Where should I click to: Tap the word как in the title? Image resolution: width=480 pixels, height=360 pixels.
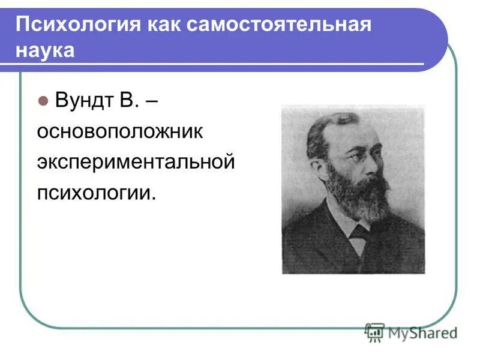click(161, 25)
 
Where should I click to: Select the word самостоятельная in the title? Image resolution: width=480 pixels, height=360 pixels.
click(278, 25)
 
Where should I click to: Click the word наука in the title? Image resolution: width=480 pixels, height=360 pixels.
click(46, 50)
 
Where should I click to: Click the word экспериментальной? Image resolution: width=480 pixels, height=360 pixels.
click(134, 162)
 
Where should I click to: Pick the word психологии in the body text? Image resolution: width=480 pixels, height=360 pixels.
click(95, 193)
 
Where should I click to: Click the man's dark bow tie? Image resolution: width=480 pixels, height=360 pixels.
click(361, 233)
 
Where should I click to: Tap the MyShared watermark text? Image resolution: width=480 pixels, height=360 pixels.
click(422, 332)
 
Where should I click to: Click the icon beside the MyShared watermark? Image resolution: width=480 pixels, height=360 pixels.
click(374, 332)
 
